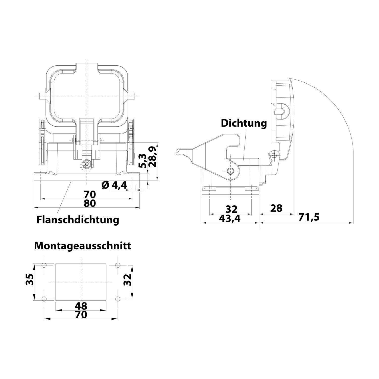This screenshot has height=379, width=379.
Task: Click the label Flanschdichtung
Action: pyautogui.click(x=78, y=220)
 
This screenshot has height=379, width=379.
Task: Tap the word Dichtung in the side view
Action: pyautogui.click(x=244, y=123)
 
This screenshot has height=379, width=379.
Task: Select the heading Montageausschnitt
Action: pyautogui.click(x=83, y=246)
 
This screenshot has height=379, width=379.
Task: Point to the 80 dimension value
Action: pyautogui.click(x=90, y=203)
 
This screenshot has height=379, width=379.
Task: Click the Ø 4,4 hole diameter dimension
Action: pyautogui.click(x=114, y=185)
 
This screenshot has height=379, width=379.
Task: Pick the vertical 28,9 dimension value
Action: pyautogui.click(x=153, y=157)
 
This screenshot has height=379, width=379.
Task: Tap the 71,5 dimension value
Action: pyautogui.click(x=309, y=217)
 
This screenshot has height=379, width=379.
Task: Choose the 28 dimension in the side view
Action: pyautogui.click(x=276, y=208)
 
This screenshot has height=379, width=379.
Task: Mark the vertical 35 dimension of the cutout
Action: pyautogui.click(x=30, y=279)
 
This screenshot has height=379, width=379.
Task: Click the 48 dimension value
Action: pyautogui.click(x=81, y=306)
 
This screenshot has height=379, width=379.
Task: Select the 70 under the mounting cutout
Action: pyautogui.click(x=81, y=315)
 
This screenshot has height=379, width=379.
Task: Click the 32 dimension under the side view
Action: pyautogui.click(x=231, y=209)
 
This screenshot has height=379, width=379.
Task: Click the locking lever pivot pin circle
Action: pyautogui.click(x=230, y=171)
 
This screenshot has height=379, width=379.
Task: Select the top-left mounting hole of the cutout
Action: pyautogui.click(x=44, y=265)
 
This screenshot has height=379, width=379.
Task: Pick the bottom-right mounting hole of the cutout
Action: pyautogui.click(x=117, y=299)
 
